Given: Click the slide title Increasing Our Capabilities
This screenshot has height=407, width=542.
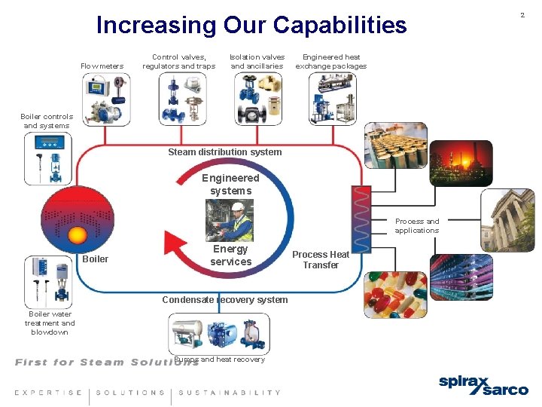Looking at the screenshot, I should [x=251, y=26].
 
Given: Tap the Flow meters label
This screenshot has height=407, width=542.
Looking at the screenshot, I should [x=102, y=66].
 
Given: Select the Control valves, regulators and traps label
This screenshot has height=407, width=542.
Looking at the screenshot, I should [x=179, y=62].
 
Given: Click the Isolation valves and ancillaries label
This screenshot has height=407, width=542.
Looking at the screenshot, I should [x=257, y=62].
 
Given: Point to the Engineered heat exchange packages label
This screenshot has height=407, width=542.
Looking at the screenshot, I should [x=331, y=62].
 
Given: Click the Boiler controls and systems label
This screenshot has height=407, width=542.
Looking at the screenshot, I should [x=47, y=121].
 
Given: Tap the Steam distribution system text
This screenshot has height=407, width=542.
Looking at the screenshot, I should [x=225, y=152].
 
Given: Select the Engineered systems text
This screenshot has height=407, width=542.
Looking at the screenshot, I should [x=230, y=185].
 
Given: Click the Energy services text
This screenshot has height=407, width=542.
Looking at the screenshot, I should [x=230, y=256].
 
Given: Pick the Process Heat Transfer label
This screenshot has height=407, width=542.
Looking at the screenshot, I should [x=321, y=260].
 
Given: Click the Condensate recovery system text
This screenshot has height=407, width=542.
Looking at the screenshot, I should [x=225, y=300].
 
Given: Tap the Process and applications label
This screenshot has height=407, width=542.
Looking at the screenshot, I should [x=417, y=226].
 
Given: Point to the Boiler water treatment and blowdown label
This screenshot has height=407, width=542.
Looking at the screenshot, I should [x=50, y=323].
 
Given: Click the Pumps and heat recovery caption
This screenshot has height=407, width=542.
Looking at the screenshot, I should [x=220, y=360].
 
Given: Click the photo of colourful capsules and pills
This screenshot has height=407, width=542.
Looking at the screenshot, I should [x=395, y=294].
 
